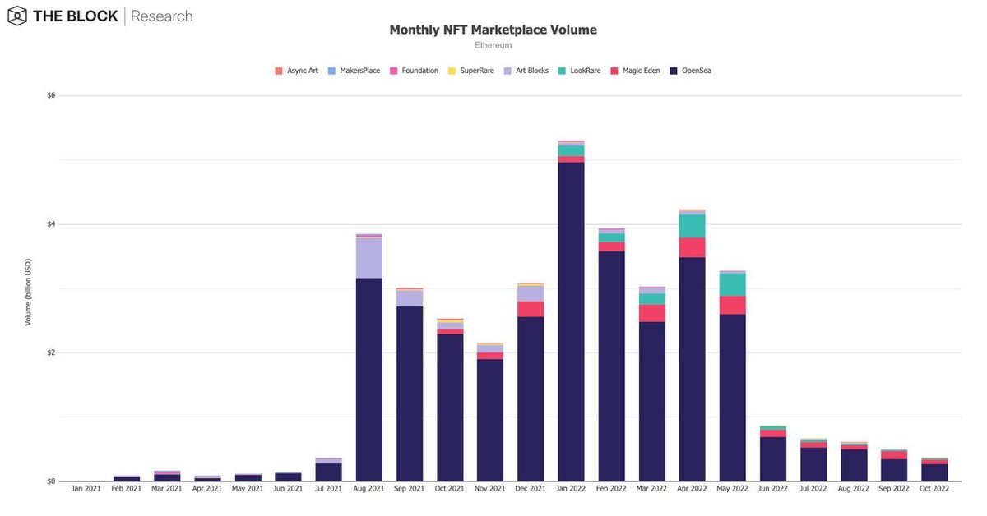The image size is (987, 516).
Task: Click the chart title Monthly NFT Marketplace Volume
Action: point(493,30)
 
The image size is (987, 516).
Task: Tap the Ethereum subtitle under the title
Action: point(493,45)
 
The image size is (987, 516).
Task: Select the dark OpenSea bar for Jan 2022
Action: point(571,320)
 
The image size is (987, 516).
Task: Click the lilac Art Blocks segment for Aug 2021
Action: point(368,257)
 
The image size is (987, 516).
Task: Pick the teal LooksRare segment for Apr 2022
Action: point(692,226)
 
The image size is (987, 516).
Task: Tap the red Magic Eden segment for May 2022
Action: point(732,305)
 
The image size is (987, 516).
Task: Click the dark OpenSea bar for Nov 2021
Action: point(490,419)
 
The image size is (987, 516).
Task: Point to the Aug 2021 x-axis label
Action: point(368,489)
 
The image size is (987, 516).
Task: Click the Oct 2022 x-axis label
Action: point(934,489)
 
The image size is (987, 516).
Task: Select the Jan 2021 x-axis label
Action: point(86,489)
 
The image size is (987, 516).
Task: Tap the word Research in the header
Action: point(162,16)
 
